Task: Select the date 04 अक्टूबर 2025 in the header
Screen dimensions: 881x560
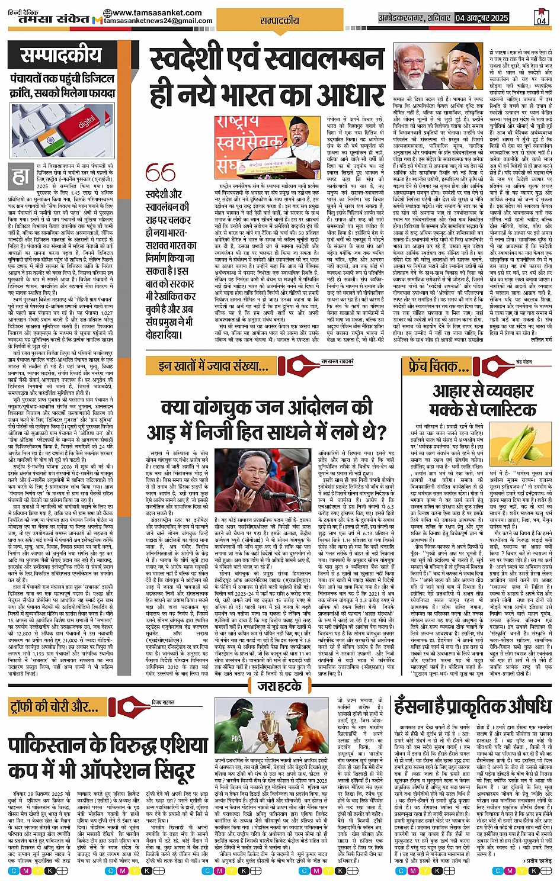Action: click(x=482, y=18)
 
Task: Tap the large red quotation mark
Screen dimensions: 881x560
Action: click(x=160, y=173)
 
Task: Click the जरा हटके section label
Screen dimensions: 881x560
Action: click(x=279, y=687)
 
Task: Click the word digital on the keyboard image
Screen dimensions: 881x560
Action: click(x=87, y=123)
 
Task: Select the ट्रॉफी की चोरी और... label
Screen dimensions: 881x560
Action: click(x=55, y=706)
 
